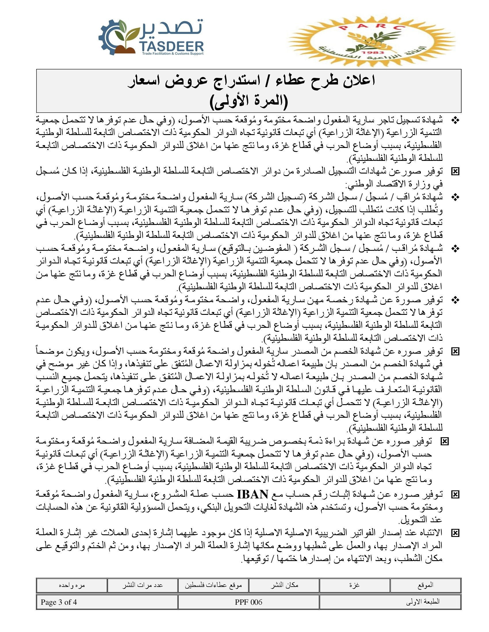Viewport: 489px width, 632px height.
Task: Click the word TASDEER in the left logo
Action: click(x=171, y=46)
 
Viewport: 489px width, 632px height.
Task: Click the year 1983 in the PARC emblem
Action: click(x=373, y=53)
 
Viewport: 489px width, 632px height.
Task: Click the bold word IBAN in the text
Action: click(x=253, y=495)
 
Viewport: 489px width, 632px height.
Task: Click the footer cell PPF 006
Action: click(x=249, y=602)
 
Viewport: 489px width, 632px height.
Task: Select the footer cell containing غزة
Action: click(x=355, y=585)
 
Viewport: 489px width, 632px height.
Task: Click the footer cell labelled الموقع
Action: click(x=425, y=585)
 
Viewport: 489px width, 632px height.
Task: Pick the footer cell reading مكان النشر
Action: click(x=284, y=585)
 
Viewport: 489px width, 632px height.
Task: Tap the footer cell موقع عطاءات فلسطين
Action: click(x=213, y=585)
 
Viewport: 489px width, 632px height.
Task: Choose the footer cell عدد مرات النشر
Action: click(x=142, y=585)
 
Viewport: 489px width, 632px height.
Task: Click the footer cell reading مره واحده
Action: click(x=72, y=585)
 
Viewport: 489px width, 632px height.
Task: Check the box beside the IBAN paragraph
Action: click(x=455, y=495)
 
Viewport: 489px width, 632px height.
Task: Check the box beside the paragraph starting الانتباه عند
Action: click(x=455, y=533)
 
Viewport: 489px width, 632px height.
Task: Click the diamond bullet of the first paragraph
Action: click(x=455, y=120)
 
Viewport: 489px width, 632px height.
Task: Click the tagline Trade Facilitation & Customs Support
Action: click(x=173, y=54)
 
